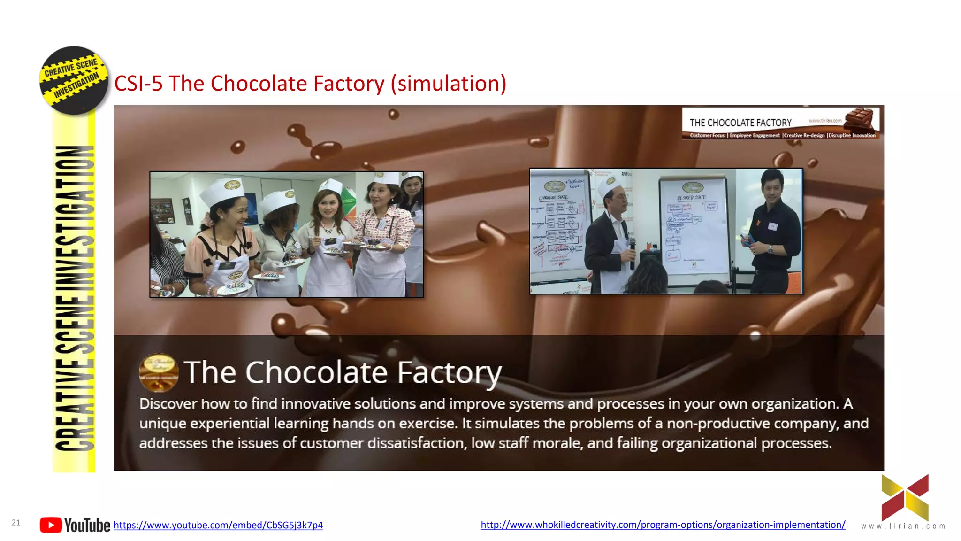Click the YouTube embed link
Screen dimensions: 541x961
(218, 525)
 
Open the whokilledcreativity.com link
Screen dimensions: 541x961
(663, 525)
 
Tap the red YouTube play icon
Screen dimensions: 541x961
(51, 525)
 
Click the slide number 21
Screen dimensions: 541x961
(16, 523)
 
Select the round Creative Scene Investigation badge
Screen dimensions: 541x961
(74, 80)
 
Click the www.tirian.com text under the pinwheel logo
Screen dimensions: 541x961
(903, 526)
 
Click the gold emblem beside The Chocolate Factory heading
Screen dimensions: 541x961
(159, 372)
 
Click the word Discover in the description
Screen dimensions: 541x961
(168, 404)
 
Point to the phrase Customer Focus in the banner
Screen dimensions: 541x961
(707, 136)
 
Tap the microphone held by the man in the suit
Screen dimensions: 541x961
(632, 249)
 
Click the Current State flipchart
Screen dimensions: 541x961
(558, 230)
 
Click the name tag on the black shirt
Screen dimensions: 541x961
(772, 226)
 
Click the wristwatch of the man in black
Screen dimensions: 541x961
(770, 249)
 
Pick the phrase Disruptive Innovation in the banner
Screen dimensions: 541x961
(852, 136)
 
